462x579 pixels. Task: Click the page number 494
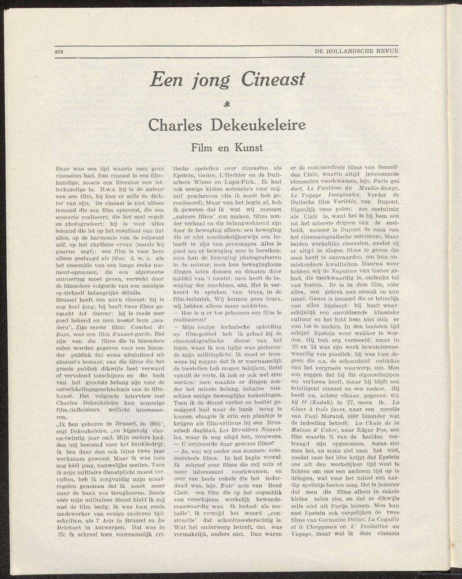(58, 51)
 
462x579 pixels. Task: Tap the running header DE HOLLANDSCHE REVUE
(356, 51)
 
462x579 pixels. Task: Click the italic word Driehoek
(69, 527)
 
